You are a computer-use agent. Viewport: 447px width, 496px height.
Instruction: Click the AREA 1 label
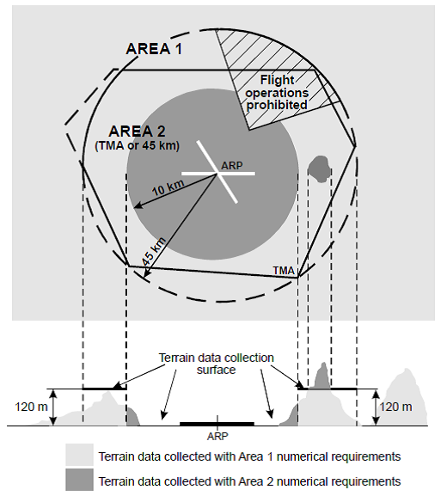[154, 49]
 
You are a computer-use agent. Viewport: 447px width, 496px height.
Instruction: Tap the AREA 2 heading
[137, 132]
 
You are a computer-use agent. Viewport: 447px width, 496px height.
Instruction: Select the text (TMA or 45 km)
[137, 145]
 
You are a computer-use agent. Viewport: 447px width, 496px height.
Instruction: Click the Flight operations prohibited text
[277, 92]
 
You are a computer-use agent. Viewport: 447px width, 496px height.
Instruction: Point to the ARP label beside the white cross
[232, 165]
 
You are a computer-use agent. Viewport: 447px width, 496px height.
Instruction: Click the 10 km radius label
[168, 188]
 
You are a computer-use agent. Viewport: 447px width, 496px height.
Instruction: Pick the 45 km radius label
[153, 252]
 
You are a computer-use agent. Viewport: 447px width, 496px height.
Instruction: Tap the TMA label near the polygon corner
[284, 271]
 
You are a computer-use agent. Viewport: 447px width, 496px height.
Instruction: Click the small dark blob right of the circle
[319, 168]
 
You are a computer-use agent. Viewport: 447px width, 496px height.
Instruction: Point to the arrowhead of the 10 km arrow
[138, 206]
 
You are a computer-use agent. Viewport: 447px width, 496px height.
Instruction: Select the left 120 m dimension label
[31, 407]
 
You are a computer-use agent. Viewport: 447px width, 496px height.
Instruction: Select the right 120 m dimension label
[395, 407]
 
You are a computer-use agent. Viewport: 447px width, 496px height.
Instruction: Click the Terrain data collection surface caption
[217, 364]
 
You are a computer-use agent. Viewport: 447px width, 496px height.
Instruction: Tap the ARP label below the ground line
[217, 436]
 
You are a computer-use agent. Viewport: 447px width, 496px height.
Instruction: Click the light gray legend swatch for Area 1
[79, 455]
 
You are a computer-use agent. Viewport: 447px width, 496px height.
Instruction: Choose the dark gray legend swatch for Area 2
[79, 479]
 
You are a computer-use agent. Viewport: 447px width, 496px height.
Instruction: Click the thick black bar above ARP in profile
[217, 424]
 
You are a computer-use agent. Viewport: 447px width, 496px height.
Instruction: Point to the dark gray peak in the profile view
[321, 377]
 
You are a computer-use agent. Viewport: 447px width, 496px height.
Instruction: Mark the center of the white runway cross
[217, 173]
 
